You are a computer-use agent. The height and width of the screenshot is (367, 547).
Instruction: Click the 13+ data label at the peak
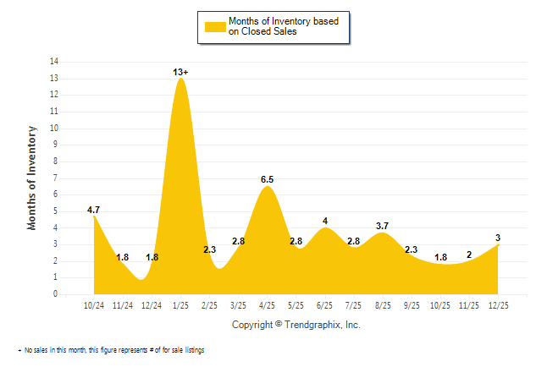point(180,73)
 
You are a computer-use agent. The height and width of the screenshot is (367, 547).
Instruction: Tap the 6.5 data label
point(267,179)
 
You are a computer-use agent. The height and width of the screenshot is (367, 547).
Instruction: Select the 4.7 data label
point(94,209)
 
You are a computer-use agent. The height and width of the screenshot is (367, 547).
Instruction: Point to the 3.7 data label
point(382,226)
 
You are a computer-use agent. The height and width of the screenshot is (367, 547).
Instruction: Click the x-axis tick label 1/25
point(180,305)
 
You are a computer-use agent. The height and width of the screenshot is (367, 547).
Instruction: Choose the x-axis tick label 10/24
point(94,305)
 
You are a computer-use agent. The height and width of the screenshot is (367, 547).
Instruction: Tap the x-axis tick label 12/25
point(498,305)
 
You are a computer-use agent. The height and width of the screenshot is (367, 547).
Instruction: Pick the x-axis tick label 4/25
point(267,305)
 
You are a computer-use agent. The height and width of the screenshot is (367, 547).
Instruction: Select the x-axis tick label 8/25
point(383,305)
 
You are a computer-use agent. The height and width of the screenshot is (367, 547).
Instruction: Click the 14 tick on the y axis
point(54,62)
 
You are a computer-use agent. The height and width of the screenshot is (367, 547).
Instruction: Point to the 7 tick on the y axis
point(56,178)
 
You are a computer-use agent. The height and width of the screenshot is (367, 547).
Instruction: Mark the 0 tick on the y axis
point(56,295)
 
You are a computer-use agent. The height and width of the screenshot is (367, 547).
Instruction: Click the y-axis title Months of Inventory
point(33,178)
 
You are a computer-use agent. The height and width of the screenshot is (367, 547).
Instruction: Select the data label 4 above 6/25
point(325,222)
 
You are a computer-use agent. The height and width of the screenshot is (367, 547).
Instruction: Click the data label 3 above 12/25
point(498,238)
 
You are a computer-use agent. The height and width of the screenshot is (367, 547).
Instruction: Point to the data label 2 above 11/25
point(469,255)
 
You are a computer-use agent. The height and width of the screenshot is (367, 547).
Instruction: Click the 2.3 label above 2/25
point(210,249)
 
